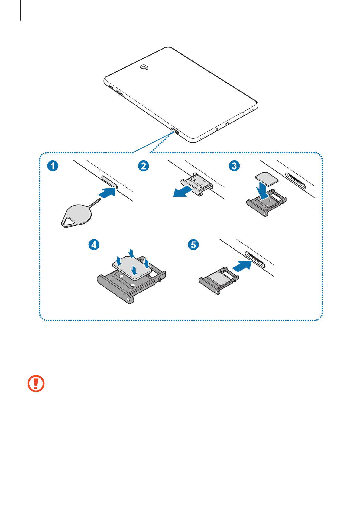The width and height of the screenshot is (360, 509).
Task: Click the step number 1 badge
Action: point(53,166)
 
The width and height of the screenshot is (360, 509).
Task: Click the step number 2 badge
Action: point(144,166)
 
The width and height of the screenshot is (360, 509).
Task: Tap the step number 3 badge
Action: point(234,166)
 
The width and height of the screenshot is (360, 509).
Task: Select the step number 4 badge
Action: point(94,244)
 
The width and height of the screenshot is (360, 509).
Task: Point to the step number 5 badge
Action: point(193,244)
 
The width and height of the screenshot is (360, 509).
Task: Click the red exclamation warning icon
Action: point(36,384)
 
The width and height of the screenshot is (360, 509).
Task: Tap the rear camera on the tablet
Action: point(144,67)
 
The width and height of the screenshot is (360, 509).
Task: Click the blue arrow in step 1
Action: point(108,193)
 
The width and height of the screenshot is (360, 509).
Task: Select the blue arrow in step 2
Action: point(183,192)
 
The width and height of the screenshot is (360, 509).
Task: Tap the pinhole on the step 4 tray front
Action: point(129,300)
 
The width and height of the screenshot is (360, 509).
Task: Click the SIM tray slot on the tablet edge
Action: point(175,131)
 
